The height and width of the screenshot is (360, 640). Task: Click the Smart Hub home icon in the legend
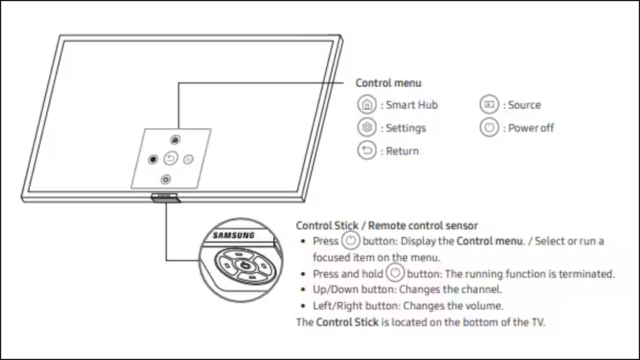(x=366, y=105)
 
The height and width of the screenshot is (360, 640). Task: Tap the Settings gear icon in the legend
(x=366, y=128)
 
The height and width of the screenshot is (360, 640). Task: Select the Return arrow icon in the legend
(x=366, y=151)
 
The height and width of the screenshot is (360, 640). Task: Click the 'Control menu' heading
(x=388, y=82)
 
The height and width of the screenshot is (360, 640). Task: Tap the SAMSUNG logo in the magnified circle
(x=234, y=236)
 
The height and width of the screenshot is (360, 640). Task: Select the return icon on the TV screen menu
(x=171, y=159)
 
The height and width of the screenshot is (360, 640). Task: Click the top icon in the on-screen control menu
(x=176, y=140)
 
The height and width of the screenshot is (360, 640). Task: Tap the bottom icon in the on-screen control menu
(x=165, y=179)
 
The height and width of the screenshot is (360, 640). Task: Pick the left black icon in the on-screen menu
(x=152, y=159)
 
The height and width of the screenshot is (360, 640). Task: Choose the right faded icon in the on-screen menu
(x=189, y=159)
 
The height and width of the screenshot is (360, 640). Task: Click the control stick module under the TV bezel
(x=164, y=198)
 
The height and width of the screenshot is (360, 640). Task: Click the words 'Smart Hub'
(x=411, y=105)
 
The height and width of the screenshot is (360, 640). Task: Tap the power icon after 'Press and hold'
(x=394, y=274)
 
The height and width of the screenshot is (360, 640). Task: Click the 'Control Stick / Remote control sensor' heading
(x=387, y=226)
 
